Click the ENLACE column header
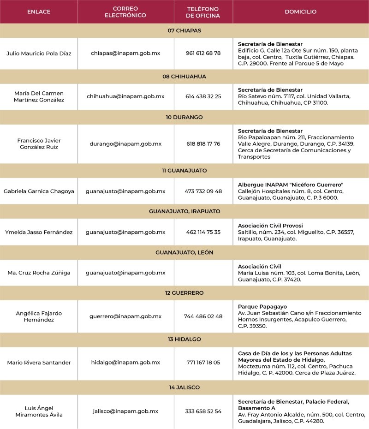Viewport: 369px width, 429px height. (39, 12)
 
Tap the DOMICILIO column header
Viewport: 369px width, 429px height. (301, 12)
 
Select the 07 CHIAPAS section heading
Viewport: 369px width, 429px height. (184, 30)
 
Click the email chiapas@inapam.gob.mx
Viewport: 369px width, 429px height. (125, 53)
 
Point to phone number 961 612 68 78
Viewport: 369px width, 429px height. (203, 53)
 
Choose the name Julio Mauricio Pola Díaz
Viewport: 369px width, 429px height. (39, 53)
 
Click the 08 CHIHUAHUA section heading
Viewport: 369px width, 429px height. (184, 77)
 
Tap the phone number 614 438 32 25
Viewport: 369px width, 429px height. (203, 96)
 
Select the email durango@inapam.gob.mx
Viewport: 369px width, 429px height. (125, 143)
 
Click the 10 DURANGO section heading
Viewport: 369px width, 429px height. (184, 117)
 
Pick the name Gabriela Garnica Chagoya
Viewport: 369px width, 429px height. (39, 191)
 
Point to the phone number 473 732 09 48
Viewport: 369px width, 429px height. (203, 191)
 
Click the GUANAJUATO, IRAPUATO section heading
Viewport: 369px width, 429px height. (184, 211)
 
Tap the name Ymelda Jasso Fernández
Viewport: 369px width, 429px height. (39, 232)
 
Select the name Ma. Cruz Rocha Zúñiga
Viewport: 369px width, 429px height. (39, 273)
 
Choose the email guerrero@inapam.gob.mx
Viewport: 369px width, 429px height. (125, 316)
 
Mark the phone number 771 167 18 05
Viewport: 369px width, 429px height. (203, 363)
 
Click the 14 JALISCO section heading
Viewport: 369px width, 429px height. (184, 387)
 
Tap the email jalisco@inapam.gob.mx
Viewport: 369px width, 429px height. (125, 411)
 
